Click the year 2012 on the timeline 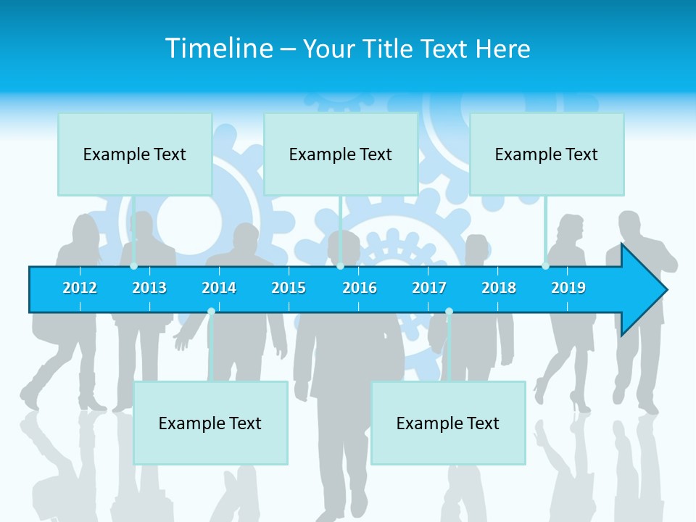pos(80,288)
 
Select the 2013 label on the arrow pos(149,288)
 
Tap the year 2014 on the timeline pos(219,288)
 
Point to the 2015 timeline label pos(289,288)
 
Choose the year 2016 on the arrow pos(360,288)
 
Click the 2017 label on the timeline pos(429,288)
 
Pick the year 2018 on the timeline pos(499,288)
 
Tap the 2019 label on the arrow pos(568,288)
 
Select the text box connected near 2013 pos(135,154)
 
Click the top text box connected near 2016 pos(341,154)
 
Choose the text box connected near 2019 pos(547,154)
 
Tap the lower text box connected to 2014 pos(210,423)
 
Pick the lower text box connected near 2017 pos(448,423)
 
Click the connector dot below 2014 pos(211,312)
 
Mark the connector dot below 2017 pos(449,312)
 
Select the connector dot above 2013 pos(134,266)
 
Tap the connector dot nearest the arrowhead pos(545,266)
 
